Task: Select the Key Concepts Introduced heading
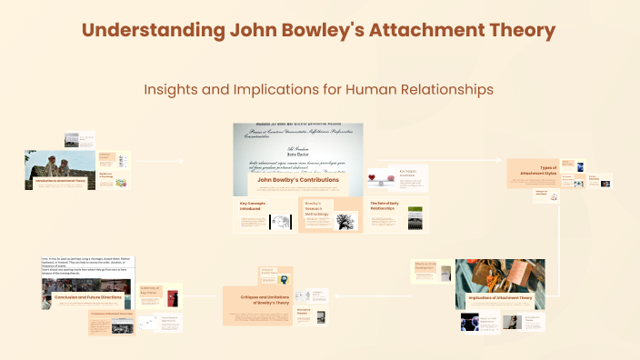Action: (249, 205)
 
